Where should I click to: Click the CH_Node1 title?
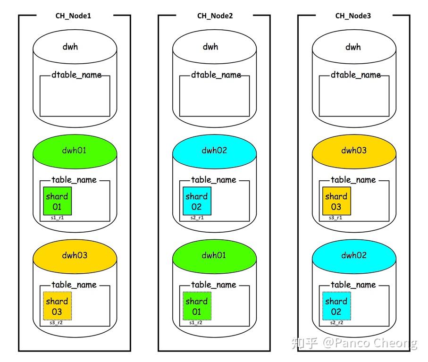pyautogui.click(x=73, y=16)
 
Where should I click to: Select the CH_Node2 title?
pyautogui.click(x=215, y=16)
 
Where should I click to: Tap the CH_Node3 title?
pyautogui.click(x=353, y=16)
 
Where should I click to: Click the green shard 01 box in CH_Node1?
pyautogui.click(x=57, y=201)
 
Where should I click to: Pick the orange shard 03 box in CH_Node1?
pyautogui.click(x=57, y=306)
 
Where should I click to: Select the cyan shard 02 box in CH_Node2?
pyautogui.click(x=197, y=201)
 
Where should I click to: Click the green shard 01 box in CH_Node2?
pyautogui.click(x=197, y=306)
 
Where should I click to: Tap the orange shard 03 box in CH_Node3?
pyautogui.click(x=336, y=201)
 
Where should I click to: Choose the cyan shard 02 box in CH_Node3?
pyautogui.click(x=336, y=306)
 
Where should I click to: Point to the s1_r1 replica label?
pyautogui.click(x=58, y=218)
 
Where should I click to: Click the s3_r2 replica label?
pyautogui.click(x=57, y=323)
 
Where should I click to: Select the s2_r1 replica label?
pyautogui.click(x=197, y=218)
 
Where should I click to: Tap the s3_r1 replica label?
pyautogui.click(x=336, y=218)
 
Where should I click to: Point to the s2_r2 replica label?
pyautogui.click(x=336, y=323)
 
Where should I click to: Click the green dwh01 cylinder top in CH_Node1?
pyautogui.click(x=75, y=151)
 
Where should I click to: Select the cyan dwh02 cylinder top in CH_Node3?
pyautogui.click(x=354, y=256)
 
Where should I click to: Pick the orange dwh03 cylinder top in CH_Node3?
pyautogui.click(x=354, y=151)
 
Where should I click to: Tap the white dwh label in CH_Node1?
pyautogui.click(x=70, y=47)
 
